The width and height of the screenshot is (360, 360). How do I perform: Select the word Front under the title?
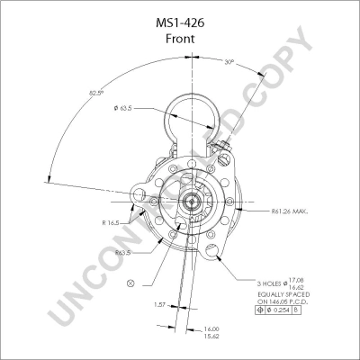click(179, 40)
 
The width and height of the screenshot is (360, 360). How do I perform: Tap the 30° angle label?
click(229, 62)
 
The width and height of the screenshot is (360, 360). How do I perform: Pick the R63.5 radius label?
click(123, 253)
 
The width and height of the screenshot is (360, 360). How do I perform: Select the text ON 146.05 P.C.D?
click(286, 303)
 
